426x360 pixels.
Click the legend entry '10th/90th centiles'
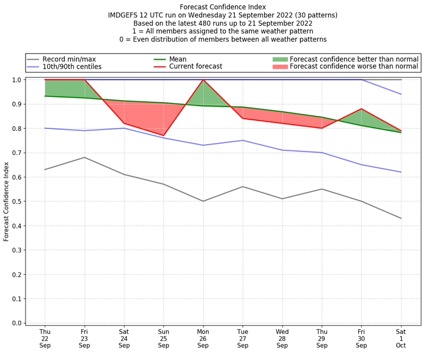pos(72,67)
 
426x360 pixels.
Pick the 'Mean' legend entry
pos(178,59)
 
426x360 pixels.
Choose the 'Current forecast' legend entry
pos(195,67)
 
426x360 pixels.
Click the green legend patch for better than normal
pos(280,59)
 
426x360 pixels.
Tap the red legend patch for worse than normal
pos(280,67)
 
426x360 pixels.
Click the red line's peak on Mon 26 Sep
pos(203,80)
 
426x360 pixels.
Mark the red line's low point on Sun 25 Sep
pos(163,135)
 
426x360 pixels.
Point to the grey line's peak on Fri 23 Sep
pos(84,157)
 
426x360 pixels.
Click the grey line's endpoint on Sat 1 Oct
pos(401,218)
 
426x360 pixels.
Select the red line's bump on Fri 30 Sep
pos(362,109)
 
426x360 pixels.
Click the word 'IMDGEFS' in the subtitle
pos(124,15)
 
